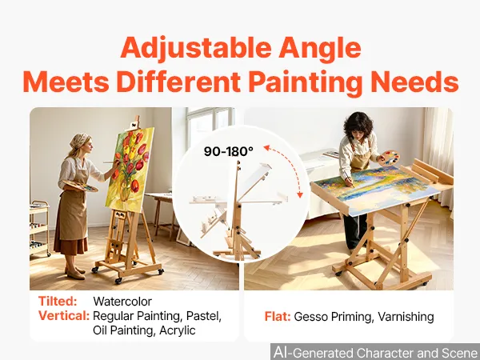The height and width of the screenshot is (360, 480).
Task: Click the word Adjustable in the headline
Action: (x=196, y=48)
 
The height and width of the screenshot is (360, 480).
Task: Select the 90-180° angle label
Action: (x=228, y=151)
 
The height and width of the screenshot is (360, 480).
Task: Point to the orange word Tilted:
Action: (x=58, y=302)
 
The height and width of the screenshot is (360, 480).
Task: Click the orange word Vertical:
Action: (x=64, y=316)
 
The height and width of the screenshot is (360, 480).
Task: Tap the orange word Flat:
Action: (x=278, y=317)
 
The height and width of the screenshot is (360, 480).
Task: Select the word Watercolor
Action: (x=122, y=302)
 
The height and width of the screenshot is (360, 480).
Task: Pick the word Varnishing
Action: (x=406, y=317)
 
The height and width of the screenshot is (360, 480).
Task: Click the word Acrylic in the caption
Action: (x=178, y=330)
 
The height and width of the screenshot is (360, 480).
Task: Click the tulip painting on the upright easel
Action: (x=130, y=170)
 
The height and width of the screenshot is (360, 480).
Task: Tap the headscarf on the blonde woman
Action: (x=79, y=141)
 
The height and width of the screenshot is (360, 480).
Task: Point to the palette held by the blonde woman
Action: (x=80, y=186)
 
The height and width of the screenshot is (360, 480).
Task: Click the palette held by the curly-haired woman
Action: (x=390, y=158)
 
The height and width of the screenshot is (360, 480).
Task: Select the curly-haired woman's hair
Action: (x=358, y=126)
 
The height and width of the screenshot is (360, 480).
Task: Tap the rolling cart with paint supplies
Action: (x=40, y=228)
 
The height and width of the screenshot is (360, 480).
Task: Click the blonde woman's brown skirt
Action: (x=70, y=245)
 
